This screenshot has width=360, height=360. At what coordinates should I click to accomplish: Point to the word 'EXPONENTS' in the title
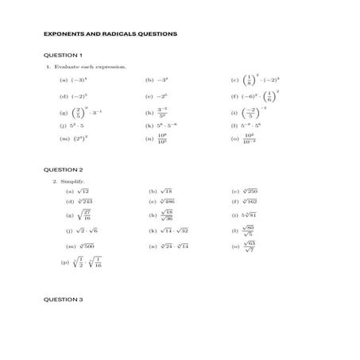[67, 34]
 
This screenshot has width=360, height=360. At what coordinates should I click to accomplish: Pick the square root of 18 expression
[165, 192]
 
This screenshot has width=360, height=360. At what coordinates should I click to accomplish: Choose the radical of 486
[168, 202]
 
